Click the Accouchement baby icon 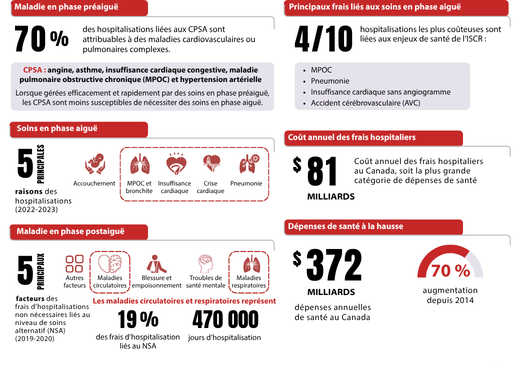coord(94,163)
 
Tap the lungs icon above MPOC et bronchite coord(139,163)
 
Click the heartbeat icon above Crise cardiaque coord(210,163)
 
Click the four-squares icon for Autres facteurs coord(74,263)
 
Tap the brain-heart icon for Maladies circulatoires coord(109,263)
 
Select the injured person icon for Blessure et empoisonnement coord(156,263)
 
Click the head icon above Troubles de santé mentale coord(205,263)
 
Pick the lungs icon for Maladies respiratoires coord(248,263)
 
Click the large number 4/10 coord(323,39)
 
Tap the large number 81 coord(322,171)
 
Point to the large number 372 coord(333,265)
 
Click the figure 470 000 coord(225,319)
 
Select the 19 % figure coord(138,319)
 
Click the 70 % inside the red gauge coord(450,270)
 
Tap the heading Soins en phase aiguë coord(57,128)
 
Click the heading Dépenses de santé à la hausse coord(345,226)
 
